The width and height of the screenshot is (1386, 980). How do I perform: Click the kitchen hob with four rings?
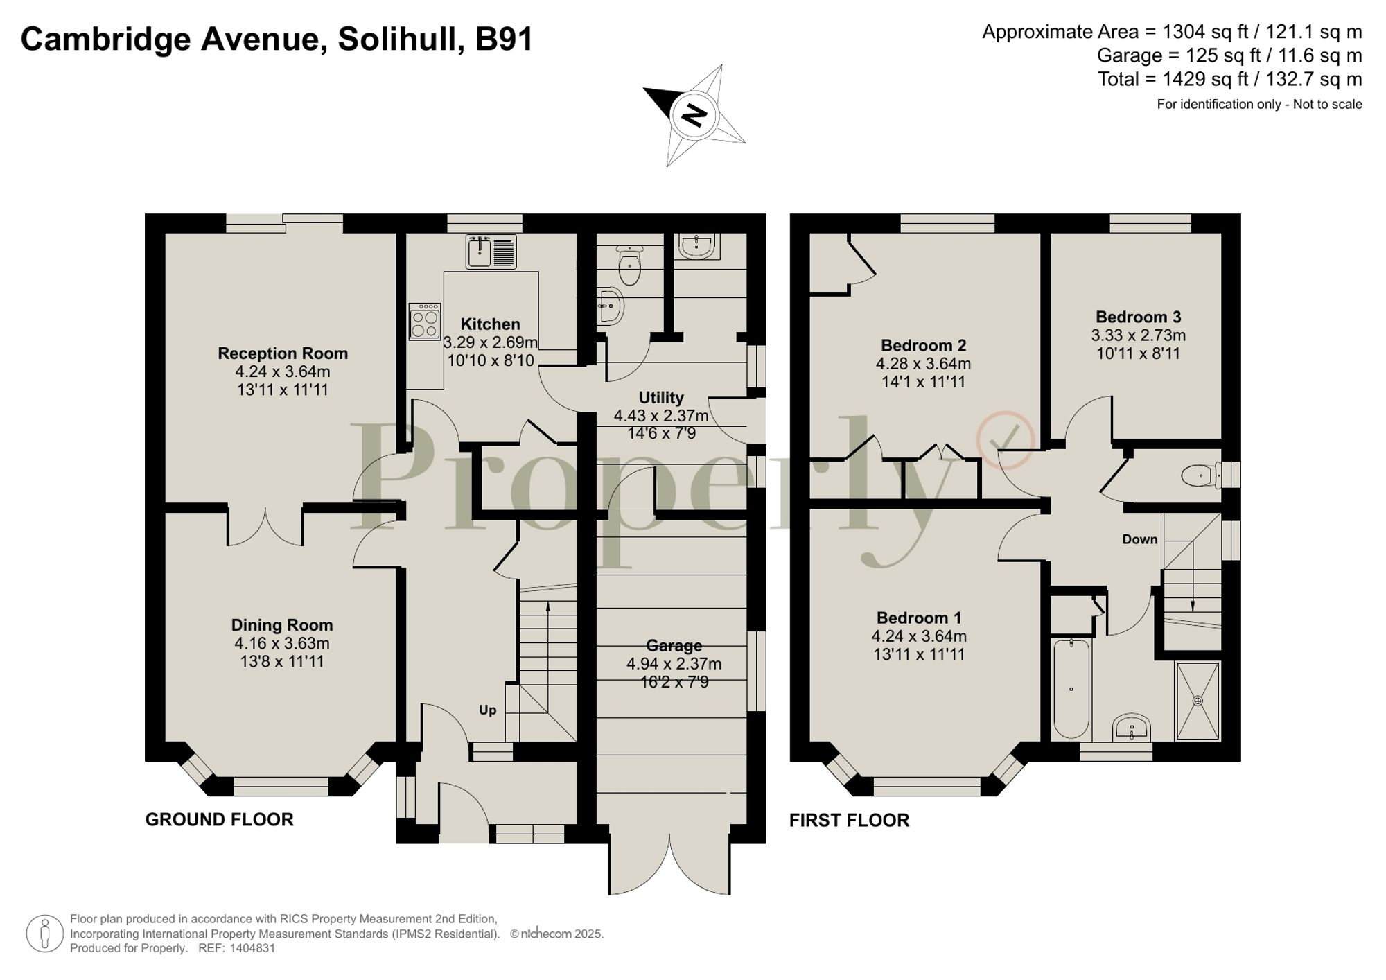[425, 322]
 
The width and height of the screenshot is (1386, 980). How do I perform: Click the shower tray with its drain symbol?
[1198, 701]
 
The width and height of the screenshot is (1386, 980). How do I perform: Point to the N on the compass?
[694, 114]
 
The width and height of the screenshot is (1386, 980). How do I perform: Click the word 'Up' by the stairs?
[488, 710]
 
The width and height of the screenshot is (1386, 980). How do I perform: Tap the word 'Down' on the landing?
[1140, 539]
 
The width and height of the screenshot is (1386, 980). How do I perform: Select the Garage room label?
[674, 645]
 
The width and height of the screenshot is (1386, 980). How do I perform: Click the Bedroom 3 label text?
[1138, 317]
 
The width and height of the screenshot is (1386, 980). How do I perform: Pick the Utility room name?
[661, 398]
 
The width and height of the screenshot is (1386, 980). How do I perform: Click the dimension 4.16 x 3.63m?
[281, 643]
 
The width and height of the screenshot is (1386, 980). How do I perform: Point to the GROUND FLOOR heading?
[219, 819]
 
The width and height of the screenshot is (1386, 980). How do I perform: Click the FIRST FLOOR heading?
[849, 820]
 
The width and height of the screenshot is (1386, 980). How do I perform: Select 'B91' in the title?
[504, 39]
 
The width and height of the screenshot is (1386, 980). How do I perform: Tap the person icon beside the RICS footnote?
[45, 933]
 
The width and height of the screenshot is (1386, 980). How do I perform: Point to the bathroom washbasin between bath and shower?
[1131, 729]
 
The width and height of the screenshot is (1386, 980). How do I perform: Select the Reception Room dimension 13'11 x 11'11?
[282, 390]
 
